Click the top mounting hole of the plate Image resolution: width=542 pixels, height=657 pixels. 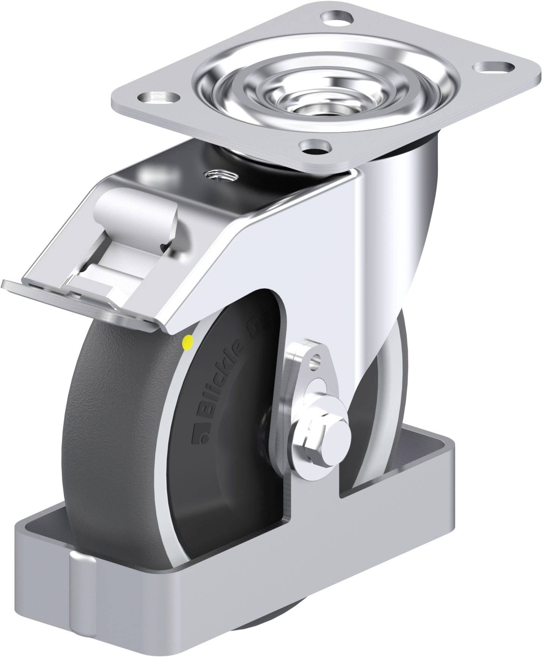(x=337, y=17)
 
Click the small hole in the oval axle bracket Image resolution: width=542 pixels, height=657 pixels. (x=315, y=362)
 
